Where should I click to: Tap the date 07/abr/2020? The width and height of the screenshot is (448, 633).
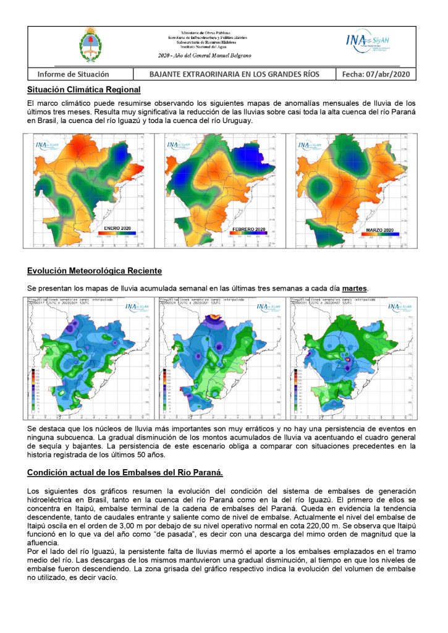376,74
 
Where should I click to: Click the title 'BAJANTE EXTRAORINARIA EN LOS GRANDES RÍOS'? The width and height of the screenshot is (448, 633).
235,74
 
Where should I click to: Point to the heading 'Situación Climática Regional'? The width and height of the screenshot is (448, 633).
84,90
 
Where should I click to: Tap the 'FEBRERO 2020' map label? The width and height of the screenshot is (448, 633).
250,230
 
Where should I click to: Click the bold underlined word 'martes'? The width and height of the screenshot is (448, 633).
355,289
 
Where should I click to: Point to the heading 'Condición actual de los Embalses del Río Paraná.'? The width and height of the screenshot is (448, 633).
125,473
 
